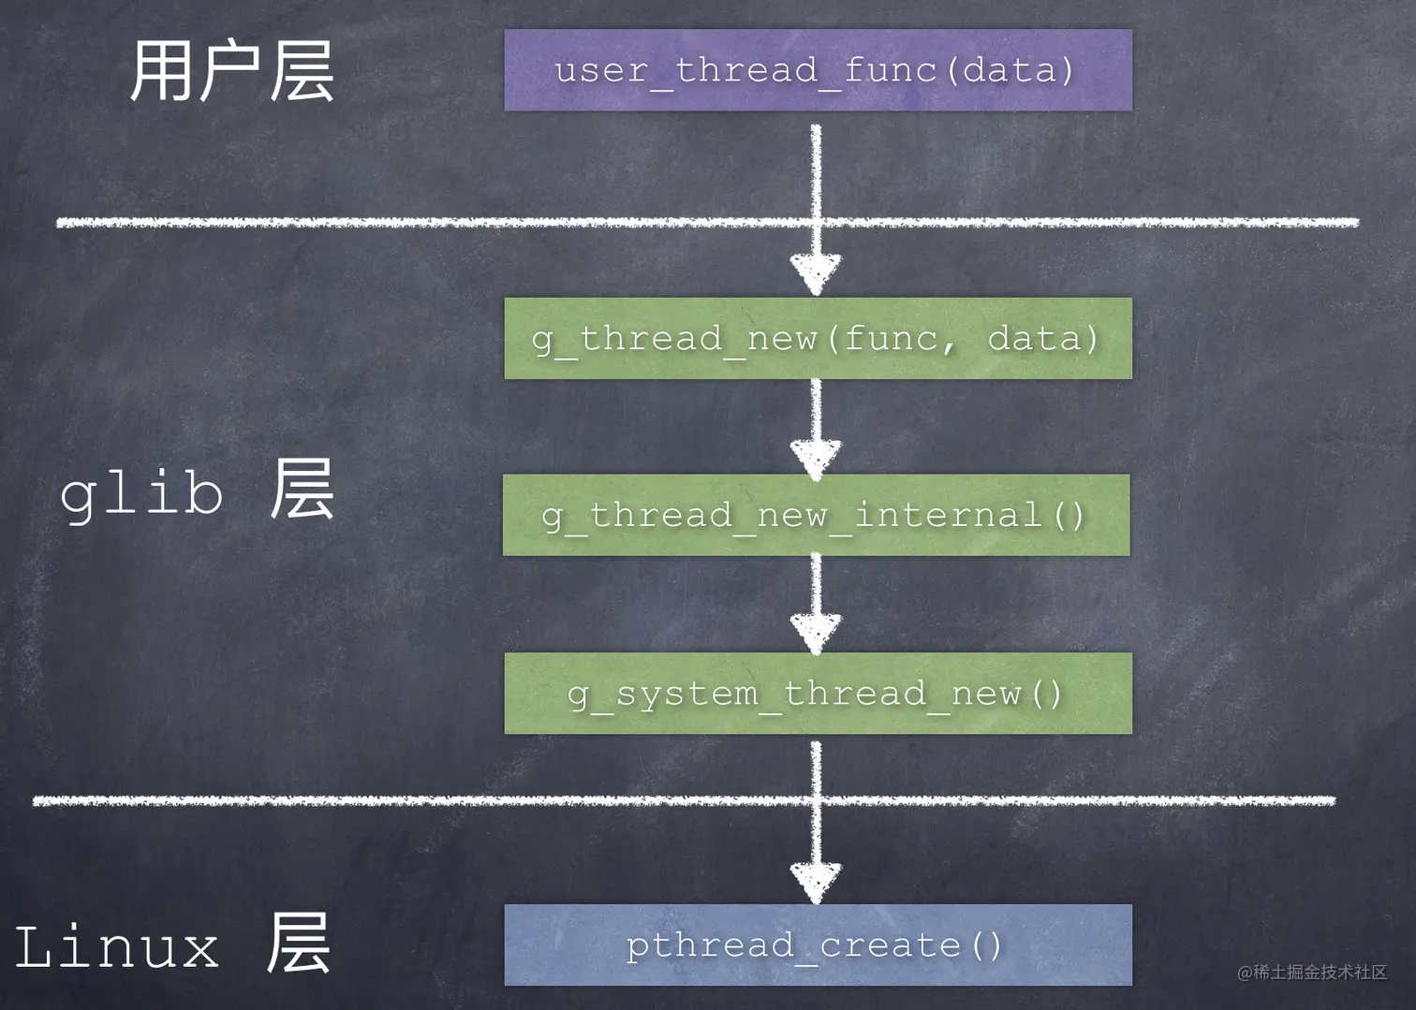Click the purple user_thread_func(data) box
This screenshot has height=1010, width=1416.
pos(818,70)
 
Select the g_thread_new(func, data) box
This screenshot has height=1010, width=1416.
pos(818,339)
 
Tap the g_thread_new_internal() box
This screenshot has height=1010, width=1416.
pos(816,516)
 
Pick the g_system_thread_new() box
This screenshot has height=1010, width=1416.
pos(818,694)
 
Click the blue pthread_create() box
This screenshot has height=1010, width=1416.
pos(818,944)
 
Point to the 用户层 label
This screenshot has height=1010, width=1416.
pos(232,71)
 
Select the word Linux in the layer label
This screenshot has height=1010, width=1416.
pos(116,945)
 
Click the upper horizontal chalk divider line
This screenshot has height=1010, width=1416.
pos(707,223)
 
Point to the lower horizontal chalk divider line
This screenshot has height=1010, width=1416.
pos(684,800)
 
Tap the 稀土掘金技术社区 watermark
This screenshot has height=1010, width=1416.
pos(1312,972)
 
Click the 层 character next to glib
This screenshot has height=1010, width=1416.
pos(302,489)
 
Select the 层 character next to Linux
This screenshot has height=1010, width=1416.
pos(299,943)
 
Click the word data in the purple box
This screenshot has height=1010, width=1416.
pos(1010,69)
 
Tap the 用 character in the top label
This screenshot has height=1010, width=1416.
pos(160,71)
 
